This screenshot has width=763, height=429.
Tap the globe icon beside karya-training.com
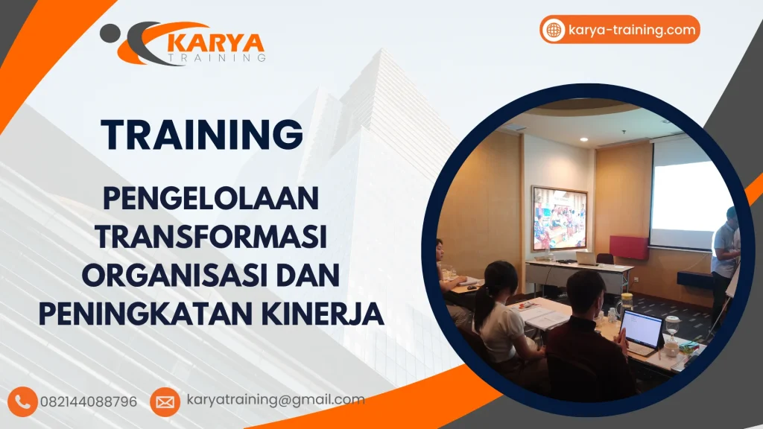pyautogui.click(x=554, y=30)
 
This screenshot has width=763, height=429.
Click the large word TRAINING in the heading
pyautogui.click(x=203, y=135)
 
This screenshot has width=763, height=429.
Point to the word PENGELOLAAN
pyautogui.click(x=211, y=199)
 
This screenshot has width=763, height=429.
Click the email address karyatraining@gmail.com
pyautogui.click(x=276, y=400)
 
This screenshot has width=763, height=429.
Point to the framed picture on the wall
pyautogui.click(x=559, y=218)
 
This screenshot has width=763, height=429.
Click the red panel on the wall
pyautogui.click(x=629, y=247)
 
